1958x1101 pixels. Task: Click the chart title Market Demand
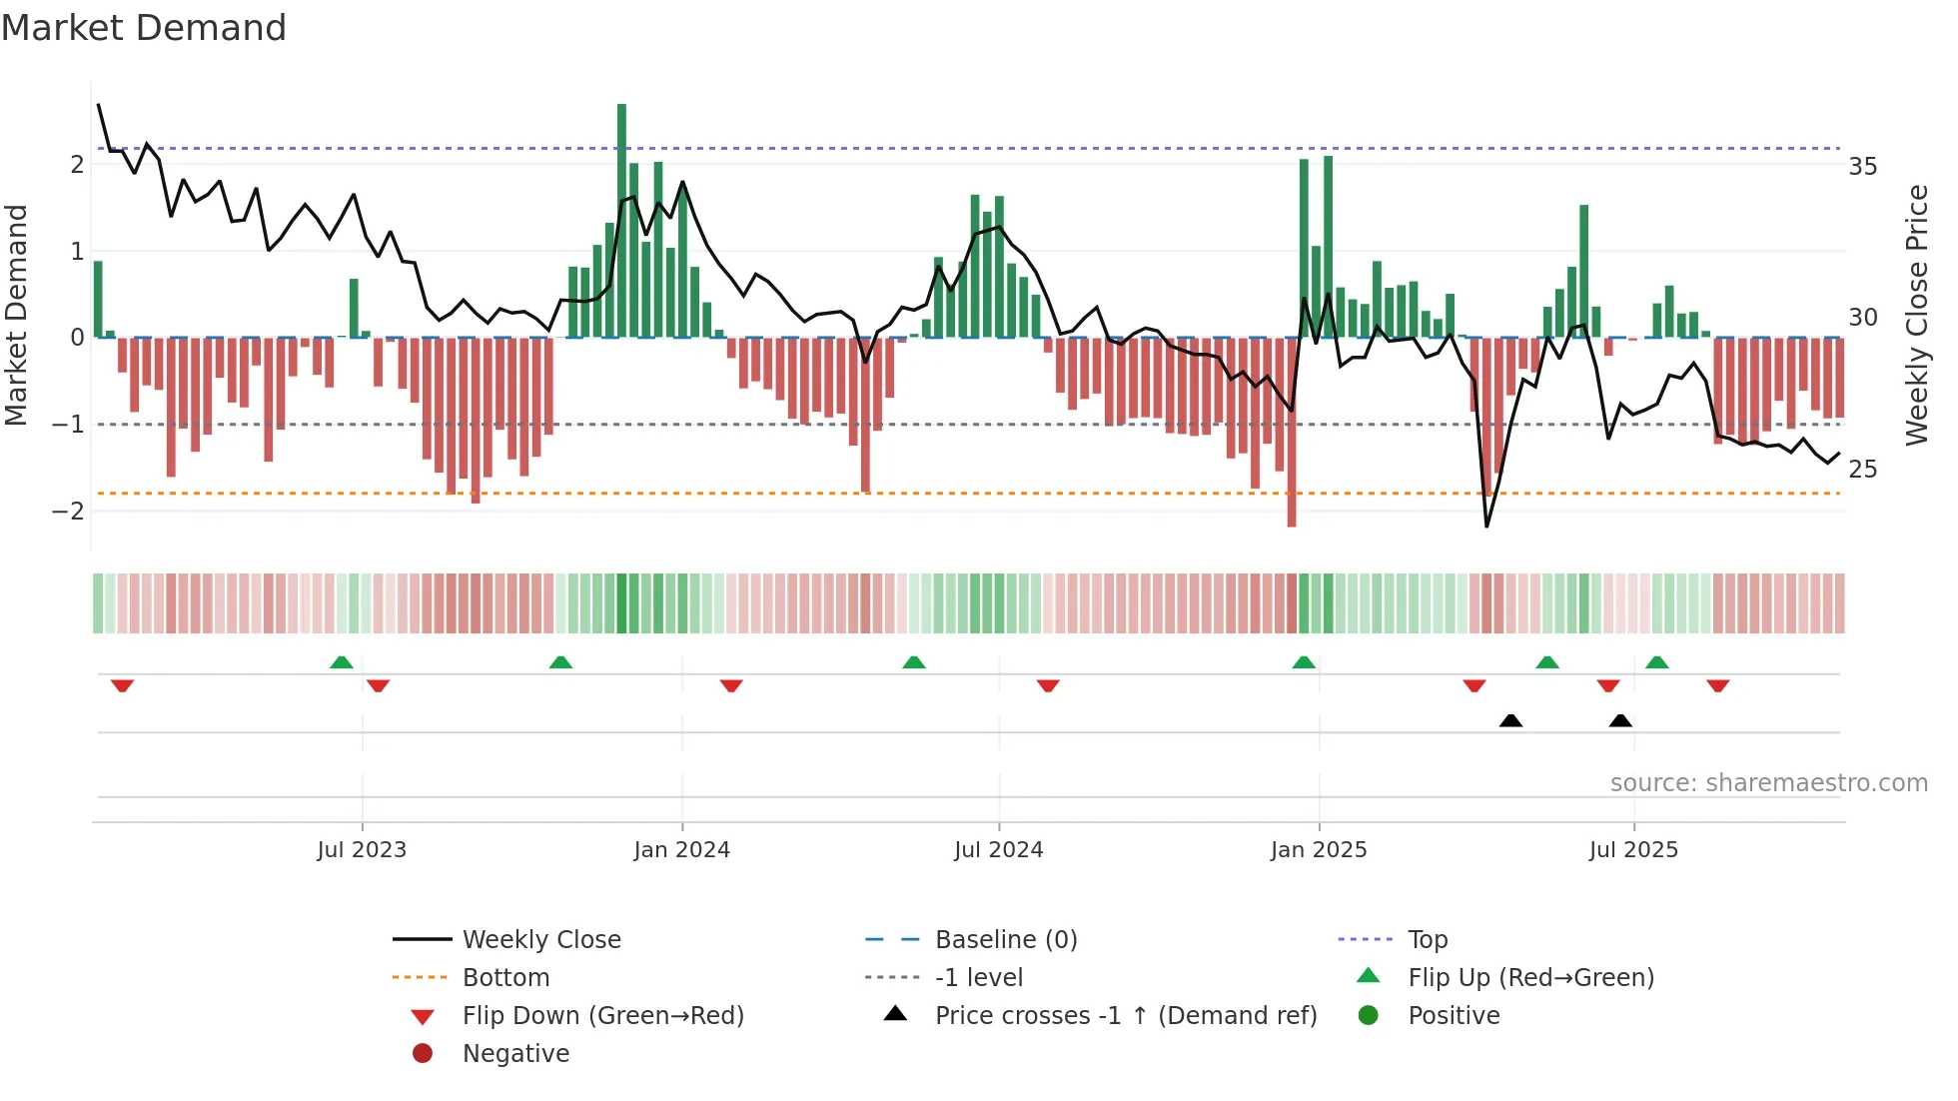(x=144, y=28)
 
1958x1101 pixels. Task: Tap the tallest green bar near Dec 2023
(x=621, y=220)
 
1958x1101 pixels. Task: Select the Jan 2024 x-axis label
(x=681, y=850)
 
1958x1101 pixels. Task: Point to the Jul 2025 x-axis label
(x=1633, y=850)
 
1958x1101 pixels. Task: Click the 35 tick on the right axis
(x=1862, y=167)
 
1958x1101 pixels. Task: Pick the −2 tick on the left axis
(x=69, y=512)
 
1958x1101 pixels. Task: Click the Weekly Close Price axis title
(x=1916, y=315)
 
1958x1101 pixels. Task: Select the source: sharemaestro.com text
(x=1768, y=783)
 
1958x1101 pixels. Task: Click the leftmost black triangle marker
(x=1510, y=721)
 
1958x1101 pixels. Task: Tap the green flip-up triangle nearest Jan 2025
(x=1304, y=662)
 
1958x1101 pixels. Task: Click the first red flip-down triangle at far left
(x=122, y=685)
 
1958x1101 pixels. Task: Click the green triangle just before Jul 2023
(x=342, y=662)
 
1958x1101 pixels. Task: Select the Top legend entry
(x=1427, y=940)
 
